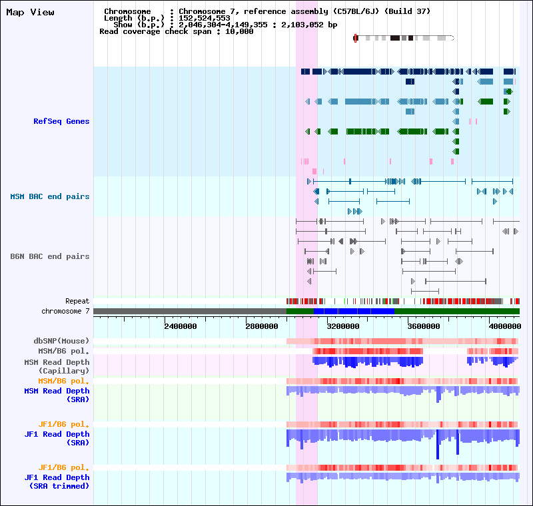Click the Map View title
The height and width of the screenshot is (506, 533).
(x=30, y=13)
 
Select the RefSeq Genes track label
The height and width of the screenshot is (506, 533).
(x=61, y=121)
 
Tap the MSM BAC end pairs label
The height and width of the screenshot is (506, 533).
(x=50, y=196)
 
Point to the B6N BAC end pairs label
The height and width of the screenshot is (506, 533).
(x=50, y=256)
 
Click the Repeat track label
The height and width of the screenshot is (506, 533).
(x=77, y=301)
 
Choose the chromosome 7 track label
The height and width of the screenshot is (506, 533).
(x=65, y=311)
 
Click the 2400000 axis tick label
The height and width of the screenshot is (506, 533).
(x=181, y=326)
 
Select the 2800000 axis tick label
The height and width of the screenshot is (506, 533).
(x=262, y=326)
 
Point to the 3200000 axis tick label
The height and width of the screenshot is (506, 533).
(x=343, y=326)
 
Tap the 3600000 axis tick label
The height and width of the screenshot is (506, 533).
(x=424, y=326)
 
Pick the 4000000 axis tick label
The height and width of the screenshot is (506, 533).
(x=505, y=326)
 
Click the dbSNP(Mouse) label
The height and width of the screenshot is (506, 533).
(x=61, y=341)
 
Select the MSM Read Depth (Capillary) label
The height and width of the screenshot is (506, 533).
(x=57, y=367)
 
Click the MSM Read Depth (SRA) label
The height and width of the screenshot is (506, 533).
(x=57, y=395)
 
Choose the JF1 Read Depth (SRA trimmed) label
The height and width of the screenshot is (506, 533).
(x=57, y=482)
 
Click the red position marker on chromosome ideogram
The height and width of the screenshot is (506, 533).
(x=356, y=39)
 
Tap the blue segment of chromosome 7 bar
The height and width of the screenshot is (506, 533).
(x=354, y=312)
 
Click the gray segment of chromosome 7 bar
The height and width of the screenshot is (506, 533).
(x=190, y=312)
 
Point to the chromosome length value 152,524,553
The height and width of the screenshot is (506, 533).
(x=205, y=19)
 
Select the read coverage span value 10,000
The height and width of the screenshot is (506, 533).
(x=239, y=31)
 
